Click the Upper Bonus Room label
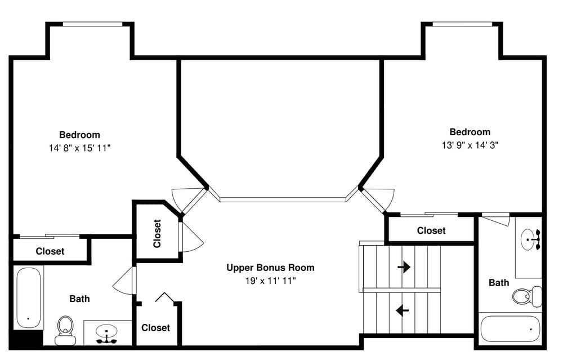270,268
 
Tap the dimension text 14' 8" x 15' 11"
80,148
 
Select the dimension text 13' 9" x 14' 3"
470,145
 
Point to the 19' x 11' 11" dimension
270,281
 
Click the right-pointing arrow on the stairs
404,267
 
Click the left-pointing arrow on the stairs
403,310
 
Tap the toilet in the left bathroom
65,330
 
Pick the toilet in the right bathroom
527,296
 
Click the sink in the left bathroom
106,334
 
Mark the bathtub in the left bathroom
28,297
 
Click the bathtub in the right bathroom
510,329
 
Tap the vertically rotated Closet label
157,234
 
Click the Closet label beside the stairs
431,230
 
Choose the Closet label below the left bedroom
50,251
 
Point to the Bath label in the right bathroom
499,283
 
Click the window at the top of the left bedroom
93,24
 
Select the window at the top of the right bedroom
462,24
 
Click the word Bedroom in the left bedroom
80,135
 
